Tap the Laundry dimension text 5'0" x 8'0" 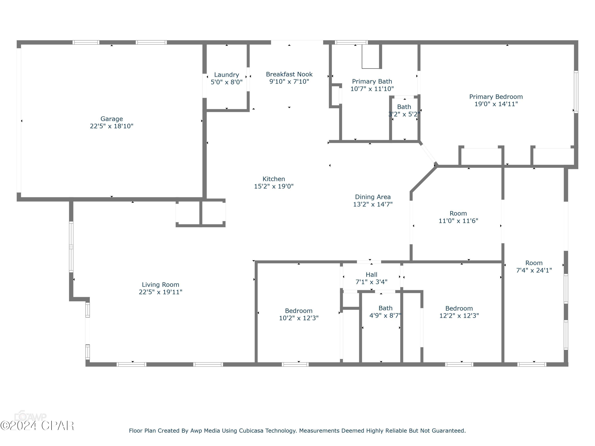pyautogui.click(x=226, y=82)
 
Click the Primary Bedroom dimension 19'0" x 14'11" pyautogui.click(x=496, y=104)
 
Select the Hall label pyautogui.click(x=371, y=275)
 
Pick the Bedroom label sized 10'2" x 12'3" pyautogui.click(x=298, y=311)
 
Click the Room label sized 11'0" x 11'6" pyautogui.click(x=458, y=214)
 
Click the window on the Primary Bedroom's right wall pyautogui.click(x=576, y=92)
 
